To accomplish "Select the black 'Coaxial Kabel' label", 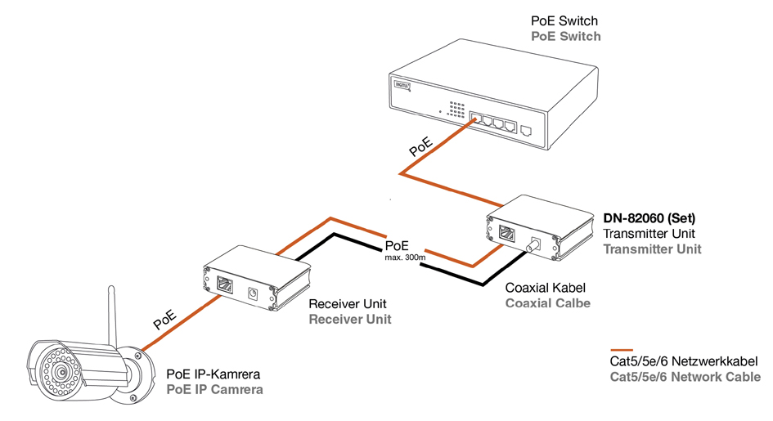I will click(x=545, y=288).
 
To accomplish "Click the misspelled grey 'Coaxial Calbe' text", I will click(x=548, y=303).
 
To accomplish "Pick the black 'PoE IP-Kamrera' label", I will click(x=214, y=374).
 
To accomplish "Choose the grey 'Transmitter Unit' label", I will click(x=652, y=249).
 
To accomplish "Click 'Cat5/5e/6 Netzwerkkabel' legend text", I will click(x=685, y=361).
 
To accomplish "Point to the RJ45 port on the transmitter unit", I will click(x=506, y=233).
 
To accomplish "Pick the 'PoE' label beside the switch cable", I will click(x=421, y=146).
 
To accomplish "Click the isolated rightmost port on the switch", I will click(x=527, y=129).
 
